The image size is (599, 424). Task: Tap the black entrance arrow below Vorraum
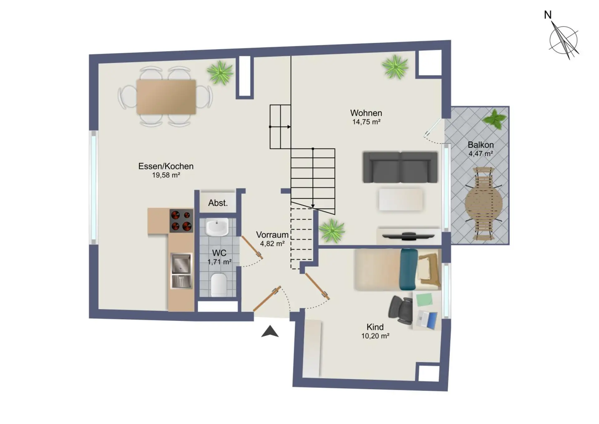tap(270, 332)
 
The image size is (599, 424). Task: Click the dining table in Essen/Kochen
tap(166, 96)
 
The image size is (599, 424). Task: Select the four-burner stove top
tap(181, 221)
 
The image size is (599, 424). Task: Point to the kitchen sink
tap(181, 271)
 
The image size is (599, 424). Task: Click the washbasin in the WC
tap(217, 227)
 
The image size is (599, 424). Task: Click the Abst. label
tap(218, 203)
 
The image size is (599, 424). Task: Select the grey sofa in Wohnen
tap(400, 167)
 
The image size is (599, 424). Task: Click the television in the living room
tap(408, 236)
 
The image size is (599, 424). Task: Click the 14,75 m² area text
tap(366, 122)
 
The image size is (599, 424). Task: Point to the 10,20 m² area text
tap(375, 336)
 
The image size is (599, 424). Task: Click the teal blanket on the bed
tap(408, 269)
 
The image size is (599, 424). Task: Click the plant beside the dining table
tap(220, 73)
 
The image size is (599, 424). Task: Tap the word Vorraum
tap(272, 235)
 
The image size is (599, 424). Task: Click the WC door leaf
tap(252, 248)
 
